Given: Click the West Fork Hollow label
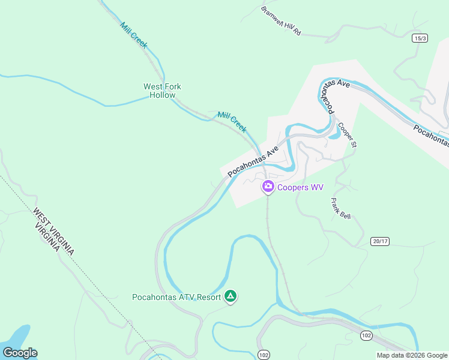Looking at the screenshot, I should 162,91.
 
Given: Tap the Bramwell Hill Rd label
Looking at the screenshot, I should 280,21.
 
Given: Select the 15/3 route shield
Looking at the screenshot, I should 420,38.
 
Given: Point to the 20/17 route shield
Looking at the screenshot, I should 380,241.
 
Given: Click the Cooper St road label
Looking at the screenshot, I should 347,135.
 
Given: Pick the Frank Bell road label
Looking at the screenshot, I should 340,209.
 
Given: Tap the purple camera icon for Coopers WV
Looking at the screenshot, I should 268,187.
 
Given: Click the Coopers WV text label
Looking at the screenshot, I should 301,187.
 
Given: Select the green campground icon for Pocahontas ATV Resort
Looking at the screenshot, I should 231,296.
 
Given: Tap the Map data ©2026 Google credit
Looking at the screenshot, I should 411,355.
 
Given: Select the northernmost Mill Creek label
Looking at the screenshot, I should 134,35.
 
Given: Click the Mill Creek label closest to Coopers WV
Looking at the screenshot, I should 232,122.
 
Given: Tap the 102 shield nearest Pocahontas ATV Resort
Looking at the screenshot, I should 264,355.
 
